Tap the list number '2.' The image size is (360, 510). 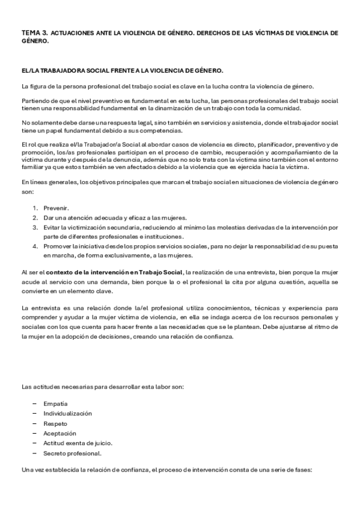(x=35, y=217)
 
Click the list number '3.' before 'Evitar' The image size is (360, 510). (x=35, y=227)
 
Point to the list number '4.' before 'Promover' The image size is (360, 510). (x=35, y=247)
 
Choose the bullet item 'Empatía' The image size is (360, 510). (x=55, y=404)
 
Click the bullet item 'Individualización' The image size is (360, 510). (x=67, y=414)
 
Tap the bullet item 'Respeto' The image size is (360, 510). (x=55, y=423)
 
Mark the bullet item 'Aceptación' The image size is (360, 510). (x=59, y=433)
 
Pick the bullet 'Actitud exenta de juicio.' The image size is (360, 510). (x=78, y=443)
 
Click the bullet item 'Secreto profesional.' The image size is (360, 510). (x=72, y=453)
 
